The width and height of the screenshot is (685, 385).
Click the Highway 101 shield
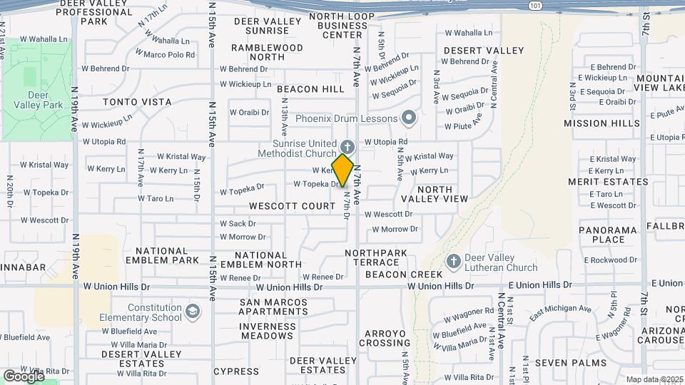point(535,5)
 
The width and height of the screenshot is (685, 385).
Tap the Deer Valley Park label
point(37,100)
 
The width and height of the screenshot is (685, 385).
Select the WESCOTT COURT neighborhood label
point(292,206)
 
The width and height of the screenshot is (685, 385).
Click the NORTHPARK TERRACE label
point(385,257)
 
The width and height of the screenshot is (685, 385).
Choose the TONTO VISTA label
point(137,102)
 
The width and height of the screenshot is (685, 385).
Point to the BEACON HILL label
point(310,89)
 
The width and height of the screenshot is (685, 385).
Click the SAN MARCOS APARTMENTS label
point(273,307)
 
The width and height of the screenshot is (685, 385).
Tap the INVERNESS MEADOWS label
point(267,331)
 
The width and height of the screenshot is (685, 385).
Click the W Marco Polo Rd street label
point(169,54)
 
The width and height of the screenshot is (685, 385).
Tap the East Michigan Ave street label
point(560,309)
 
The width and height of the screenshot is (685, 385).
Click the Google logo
point(24,375)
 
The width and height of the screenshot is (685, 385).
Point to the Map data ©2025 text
point(654,379)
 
